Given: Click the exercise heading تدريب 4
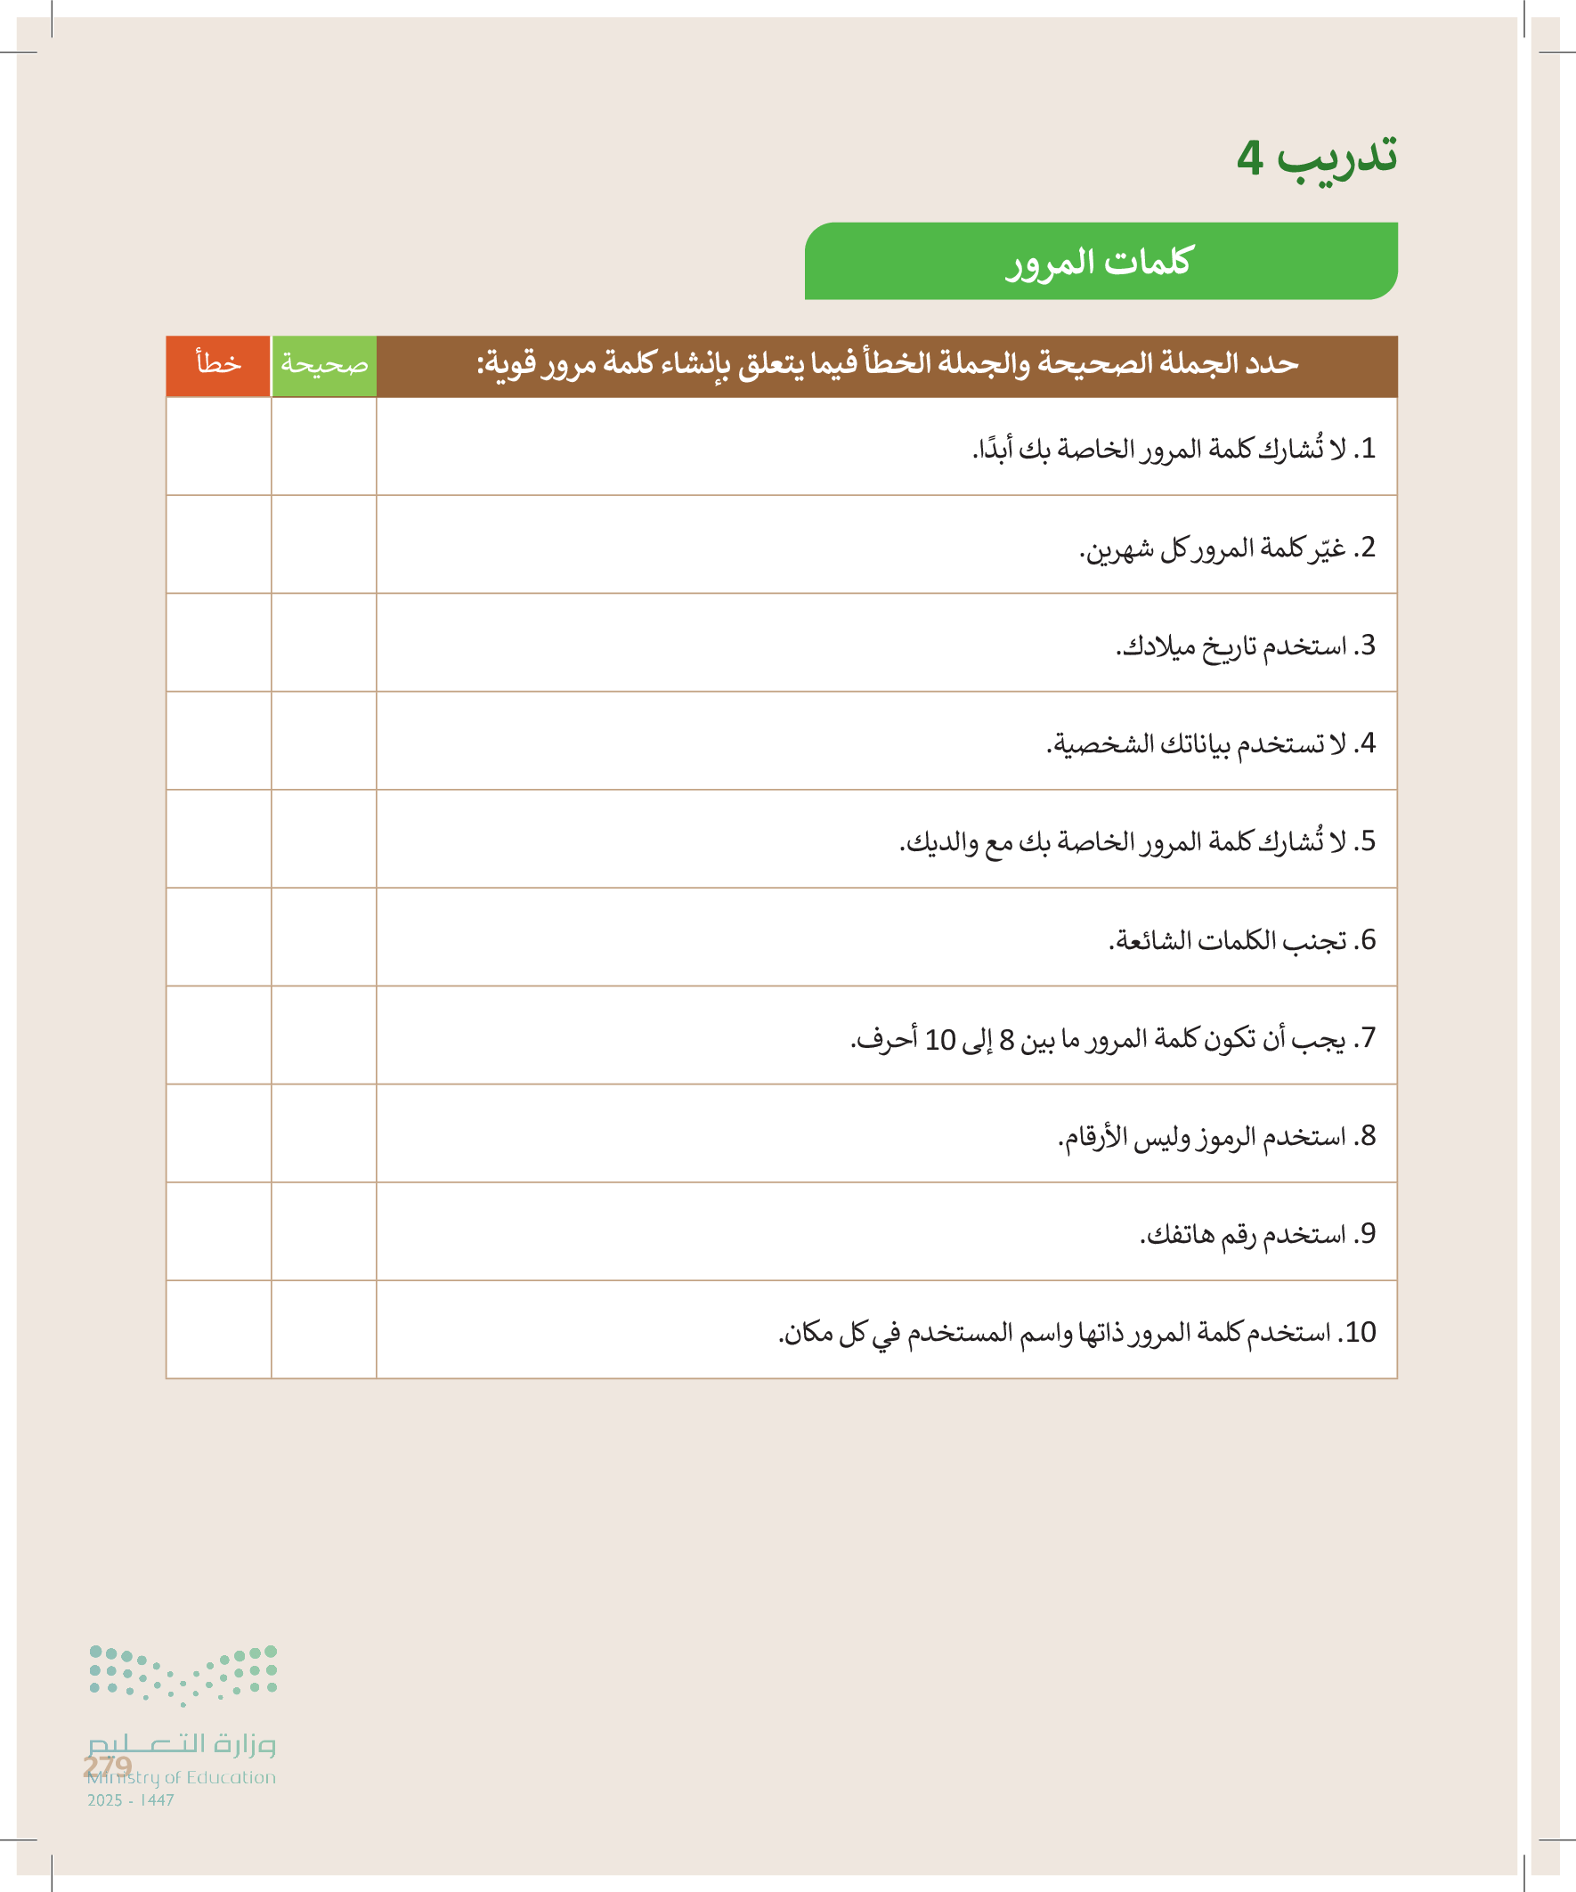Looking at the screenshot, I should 1317,158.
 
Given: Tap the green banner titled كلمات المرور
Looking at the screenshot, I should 1101,261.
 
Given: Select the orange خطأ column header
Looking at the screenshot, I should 218,365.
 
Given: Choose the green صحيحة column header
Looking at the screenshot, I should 323,365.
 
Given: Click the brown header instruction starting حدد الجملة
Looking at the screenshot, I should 887,365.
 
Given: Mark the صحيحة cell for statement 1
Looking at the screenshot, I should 323,447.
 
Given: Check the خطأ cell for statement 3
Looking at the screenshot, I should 218,643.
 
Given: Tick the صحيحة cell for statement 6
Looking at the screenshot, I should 323,938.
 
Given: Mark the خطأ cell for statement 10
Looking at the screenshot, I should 218,1331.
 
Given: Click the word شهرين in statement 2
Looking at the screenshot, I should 1117,548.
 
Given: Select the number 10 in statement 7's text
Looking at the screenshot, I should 940,1040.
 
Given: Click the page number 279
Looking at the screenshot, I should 107,1766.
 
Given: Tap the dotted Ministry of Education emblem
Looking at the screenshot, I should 183,1675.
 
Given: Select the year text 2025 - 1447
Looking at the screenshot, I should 131,1800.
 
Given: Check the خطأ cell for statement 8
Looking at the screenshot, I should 218,1134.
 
